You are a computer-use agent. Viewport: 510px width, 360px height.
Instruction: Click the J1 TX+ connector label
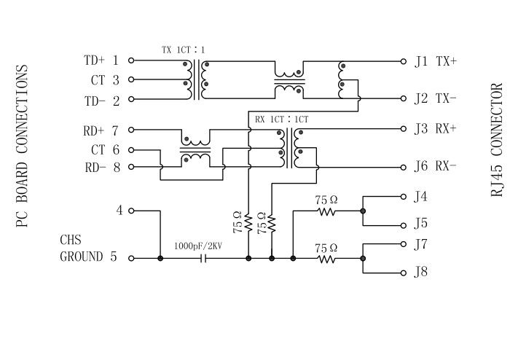[435, 62]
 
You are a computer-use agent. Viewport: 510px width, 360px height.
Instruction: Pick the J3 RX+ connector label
[435, 130]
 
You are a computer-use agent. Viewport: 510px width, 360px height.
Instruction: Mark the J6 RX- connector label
[435, 166]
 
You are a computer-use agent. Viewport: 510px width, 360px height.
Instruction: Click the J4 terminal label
[420, 197]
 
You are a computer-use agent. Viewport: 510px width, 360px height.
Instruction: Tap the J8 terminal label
[420, 273]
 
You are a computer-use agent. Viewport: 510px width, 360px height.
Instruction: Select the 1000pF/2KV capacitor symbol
[203, 258]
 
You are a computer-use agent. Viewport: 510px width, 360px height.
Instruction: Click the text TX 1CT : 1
[183, 50]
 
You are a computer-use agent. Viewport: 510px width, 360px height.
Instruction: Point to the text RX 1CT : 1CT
[282, 119]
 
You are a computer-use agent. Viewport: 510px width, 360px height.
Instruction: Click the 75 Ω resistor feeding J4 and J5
[327, 211]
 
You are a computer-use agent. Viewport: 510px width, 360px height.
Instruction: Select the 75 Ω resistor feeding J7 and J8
[327, 258]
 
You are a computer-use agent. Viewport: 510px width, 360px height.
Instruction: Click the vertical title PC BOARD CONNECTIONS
[22, 146]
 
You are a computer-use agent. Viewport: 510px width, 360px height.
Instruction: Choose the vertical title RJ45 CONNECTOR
[496, 140]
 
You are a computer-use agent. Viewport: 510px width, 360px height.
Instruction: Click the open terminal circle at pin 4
[131, 211]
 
